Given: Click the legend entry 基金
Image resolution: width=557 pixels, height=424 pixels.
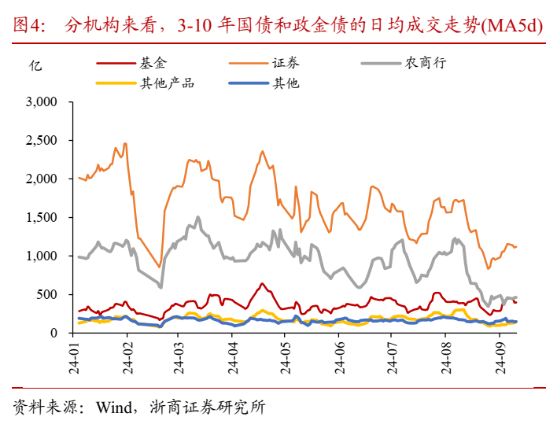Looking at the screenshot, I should coord(154,64).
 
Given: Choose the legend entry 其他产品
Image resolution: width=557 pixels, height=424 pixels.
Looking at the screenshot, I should coord(167,83).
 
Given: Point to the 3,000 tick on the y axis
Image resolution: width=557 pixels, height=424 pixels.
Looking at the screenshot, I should coord(42,102).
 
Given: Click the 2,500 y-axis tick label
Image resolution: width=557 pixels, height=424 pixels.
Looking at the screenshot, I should coord(42,141).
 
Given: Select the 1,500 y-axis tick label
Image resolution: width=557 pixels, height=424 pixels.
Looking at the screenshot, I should coord(42,218).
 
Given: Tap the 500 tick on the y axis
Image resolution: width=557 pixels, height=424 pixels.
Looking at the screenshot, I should coord(48,294).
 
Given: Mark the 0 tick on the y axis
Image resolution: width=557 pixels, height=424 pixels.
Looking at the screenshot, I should coord(54,333).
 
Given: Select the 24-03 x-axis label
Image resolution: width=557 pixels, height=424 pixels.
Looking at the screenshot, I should coord(179,357).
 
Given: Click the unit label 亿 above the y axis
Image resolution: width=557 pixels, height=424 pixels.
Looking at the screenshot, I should coord(35,65).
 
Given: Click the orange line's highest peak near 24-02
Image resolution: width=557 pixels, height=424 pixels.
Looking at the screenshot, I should coord(125,142).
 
